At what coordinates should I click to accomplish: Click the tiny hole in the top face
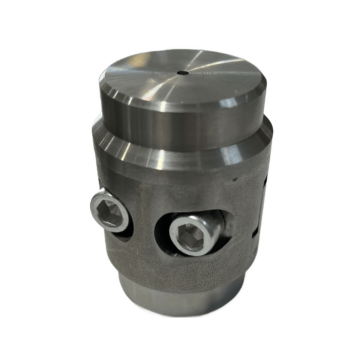[182, 73]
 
